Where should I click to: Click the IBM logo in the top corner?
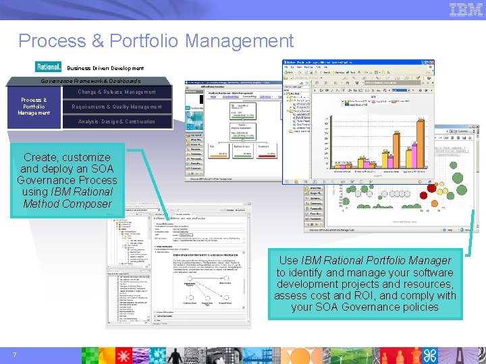click(x=466, y=9)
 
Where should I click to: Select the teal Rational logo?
click(x=48, y=67)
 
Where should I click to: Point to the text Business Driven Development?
click(x=105, y=68)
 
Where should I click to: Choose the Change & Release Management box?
click(x=116, y=92)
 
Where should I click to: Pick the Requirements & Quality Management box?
click(x=117, y=107)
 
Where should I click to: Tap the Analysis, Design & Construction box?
click(x=116, y=121)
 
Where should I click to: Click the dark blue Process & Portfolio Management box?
click(x=34, y=107)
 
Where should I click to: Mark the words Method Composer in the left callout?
click(x=67, y=204)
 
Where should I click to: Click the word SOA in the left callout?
click(x=101, y=169)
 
